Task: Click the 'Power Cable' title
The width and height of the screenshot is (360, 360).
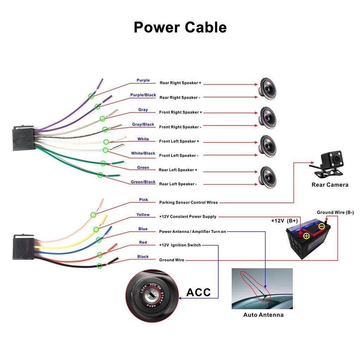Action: point(180,27)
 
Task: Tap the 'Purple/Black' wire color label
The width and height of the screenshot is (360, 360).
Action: point(143,95)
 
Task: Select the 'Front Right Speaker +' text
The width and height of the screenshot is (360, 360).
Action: point(180,112)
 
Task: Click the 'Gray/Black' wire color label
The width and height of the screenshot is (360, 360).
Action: point(143,124)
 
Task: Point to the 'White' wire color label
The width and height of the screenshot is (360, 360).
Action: point(143,139)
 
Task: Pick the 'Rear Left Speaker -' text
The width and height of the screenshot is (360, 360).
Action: point(178,184)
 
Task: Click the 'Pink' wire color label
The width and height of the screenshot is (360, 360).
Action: point(143,200)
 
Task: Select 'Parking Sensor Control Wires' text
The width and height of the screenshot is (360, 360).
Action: point(188,202)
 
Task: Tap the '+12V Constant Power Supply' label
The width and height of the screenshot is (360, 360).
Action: point(188,217)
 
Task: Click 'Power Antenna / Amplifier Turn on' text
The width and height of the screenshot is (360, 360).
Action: point(192,232)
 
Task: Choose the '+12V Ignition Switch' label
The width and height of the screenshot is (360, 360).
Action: point(180,245)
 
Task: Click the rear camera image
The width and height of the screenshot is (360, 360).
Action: point(329,163)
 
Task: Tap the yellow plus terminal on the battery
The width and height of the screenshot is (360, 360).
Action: point(306,236)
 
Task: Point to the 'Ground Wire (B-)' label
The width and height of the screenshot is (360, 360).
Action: point(335,212)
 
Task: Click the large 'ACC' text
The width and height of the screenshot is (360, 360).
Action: point(198,292)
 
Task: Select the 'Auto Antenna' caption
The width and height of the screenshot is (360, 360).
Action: point(263,315)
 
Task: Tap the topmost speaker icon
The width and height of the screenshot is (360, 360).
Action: point(268,89)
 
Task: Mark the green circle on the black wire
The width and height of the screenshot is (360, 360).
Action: point(100,266)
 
